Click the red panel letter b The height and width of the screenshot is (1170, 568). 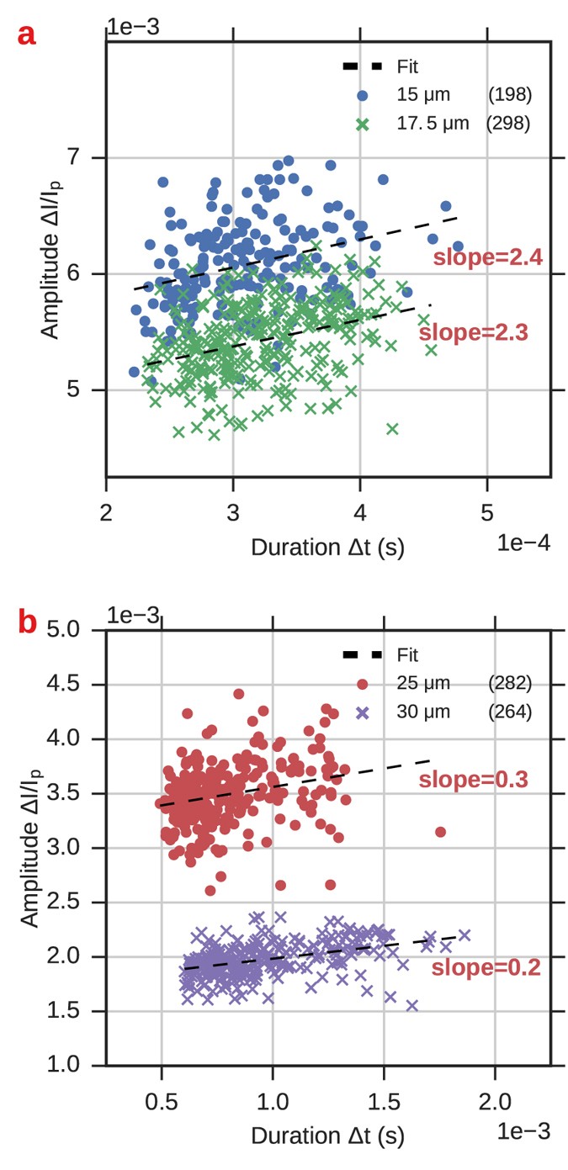pyautogui.click(x=28, y=624)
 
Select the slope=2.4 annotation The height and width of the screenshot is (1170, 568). pyautogui.click(x=487, y=258)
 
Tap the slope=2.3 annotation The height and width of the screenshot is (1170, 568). pyautogui.click(x=473, y=332)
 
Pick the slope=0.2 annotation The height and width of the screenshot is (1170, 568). pyautogui.click(x=486, y=968)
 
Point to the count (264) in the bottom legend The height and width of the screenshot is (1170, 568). pyautogui.click(x=510, y=712)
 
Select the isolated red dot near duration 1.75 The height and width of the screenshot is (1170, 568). pyautogui.click(x=439, y=832)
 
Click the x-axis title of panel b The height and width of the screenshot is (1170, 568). pyautogui.click(x=327, y=1136)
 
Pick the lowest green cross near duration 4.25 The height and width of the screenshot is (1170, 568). pyautogui.click(x=391, y=429)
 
